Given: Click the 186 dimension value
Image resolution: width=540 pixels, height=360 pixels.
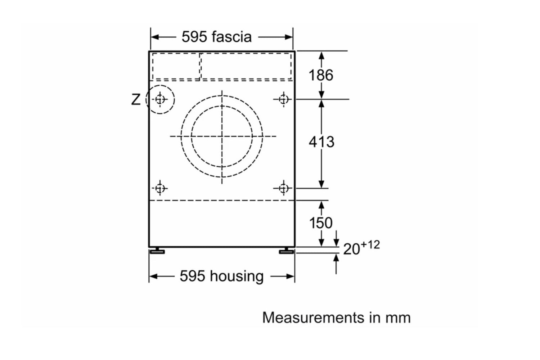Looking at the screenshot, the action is pos(321,75).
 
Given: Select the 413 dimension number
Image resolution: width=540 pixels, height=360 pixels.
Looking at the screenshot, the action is pos(321,142).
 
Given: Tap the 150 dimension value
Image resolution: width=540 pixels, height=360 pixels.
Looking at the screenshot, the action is pos(321,223).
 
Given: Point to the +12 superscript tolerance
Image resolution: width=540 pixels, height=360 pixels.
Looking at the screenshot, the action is pos(370,245).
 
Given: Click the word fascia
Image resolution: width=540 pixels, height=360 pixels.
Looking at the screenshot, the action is pos(232,37).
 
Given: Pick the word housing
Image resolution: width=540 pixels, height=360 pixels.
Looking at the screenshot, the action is pos(237,276).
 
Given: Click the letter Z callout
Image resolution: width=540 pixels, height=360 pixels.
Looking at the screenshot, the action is pos(136,99).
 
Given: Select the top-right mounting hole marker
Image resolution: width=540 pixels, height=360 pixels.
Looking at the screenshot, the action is pos(284,99).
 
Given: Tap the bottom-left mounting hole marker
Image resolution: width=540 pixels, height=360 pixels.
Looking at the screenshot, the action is pos(160,188).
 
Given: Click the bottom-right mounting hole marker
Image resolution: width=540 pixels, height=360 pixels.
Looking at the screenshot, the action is pos(284,188).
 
